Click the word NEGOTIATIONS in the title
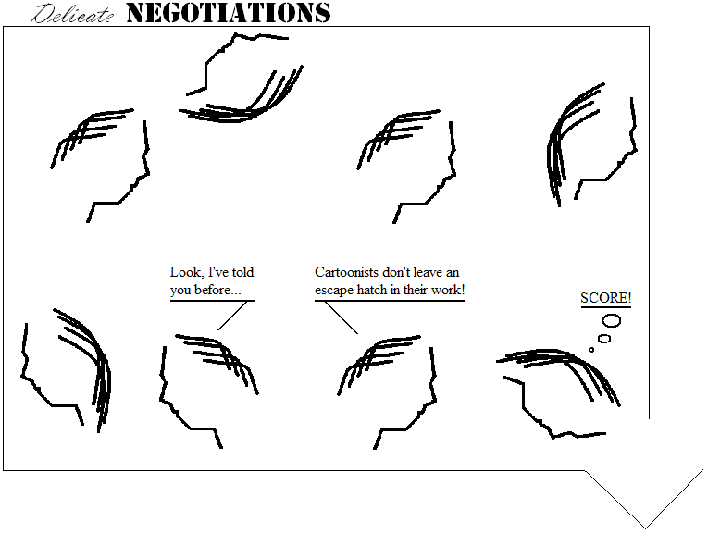[x=228, y=13]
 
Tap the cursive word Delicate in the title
[x=74, y=15]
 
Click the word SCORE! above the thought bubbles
[x=605, y=298]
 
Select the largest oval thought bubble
[x=612, y=321]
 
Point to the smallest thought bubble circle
[x=591, y=350]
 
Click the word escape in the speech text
[x=334, y=291]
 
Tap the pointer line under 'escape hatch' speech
[x=342, y=317]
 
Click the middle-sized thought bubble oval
[x=604, y=339]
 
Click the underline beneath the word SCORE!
[x=605, y=307]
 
